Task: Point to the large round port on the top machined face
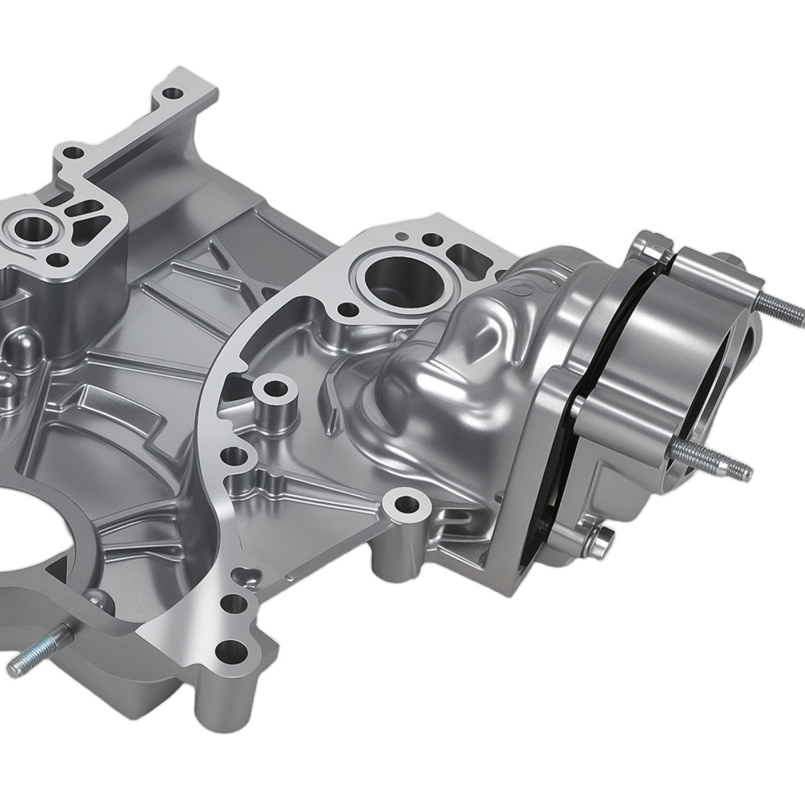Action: [392, 276]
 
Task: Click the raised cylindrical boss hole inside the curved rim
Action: [275, 390]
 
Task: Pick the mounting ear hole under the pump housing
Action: [409, 506]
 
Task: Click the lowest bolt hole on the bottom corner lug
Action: [230, 646]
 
